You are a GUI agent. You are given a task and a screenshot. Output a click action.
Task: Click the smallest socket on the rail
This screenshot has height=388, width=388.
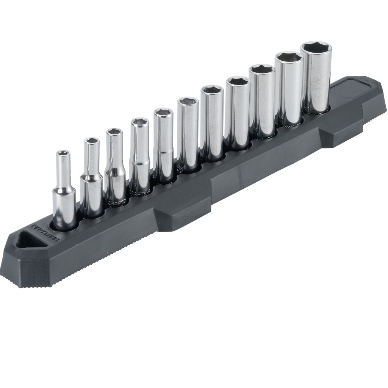pos(63,189)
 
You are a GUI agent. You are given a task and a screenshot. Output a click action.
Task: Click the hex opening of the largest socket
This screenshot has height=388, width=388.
pos(316,47)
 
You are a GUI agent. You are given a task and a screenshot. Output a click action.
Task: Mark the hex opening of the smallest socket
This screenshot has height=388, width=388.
pos(63,153)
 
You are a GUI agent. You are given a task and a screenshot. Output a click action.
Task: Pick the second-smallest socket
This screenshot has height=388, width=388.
pos(91,178)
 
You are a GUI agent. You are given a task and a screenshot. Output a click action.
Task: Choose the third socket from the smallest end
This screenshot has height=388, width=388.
pos(114,167)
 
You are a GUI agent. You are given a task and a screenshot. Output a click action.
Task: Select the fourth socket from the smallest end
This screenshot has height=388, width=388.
pos(140,155)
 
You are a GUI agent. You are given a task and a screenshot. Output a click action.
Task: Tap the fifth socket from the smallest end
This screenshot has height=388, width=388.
pos(163,146)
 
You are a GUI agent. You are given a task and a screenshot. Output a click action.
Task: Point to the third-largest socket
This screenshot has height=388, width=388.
pos(262,100)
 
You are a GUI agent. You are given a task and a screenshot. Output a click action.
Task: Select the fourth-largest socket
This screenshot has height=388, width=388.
pos(238,112)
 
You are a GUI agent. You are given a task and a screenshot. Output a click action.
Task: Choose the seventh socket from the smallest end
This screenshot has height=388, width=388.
pos(212,123)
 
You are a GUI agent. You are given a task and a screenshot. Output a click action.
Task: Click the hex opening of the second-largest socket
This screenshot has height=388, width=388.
pos(289,57)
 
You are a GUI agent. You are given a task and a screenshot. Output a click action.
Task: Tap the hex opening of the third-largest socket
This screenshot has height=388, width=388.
pos(262,69)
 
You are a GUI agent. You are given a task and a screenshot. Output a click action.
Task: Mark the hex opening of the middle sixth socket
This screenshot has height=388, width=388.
pos(188,101)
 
